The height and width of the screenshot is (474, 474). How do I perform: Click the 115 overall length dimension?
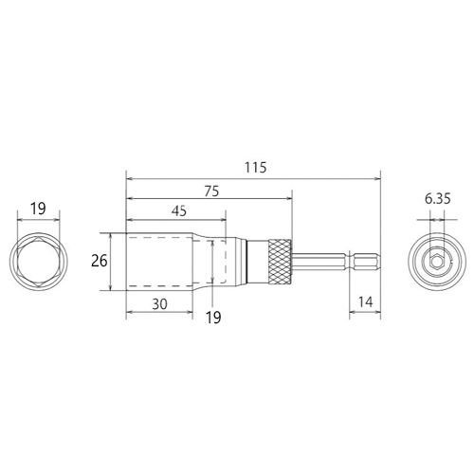coord(256,167)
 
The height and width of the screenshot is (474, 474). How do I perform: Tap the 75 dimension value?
coord(211,191)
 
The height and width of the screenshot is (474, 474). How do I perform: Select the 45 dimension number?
coord(179,211)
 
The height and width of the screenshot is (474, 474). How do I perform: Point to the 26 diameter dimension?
coord(100,261)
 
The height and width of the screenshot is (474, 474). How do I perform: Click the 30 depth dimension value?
coord(159,304)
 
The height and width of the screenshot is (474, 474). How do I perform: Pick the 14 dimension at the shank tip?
coord(365,302)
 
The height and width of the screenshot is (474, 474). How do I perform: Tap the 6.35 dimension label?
coord(437,199)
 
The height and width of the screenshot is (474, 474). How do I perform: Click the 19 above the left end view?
coord(38,209)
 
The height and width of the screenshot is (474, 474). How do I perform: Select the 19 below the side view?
coord(213,318)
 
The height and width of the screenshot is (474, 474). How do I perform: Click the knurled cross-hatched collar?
coord(280,262)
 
